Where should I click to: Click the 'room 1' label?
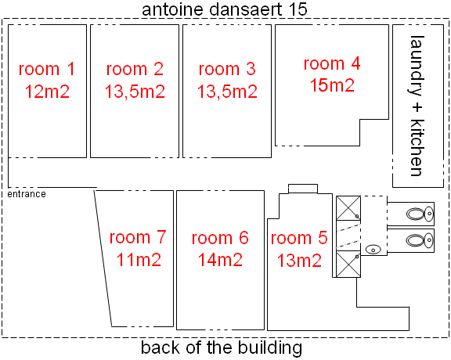click(47, 69)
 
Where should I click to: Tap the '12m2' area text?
click(47, 92)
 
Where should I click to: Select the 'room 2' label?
click(135, 69)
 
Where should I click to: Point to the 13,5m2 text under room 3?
click(227, 92)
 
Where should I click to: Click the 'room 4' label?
click(332, 63)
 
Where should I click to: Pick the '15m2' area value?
click(332, 85)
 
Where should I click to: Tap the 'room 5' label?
click(299, 238)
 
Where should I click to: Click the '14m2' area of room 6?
click(220, 260)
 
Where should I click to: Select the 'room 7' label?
click(138, 237)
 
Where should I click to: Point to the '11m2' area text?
click(139, 259)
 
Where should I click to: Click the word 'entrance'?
click(27, 194)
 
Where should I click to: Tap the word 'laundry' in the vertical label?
click(417, 66)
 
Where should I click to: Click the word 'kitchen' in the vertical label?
click(417, 147)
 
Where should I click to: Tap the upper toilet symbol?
click(420, 214)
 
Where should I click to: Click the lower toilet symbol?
click(420, 240)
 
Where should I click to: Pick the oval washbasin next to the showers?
click(373, 250)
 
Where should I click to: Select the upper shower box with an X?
click(348, 208)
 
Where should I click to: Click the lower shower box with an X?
click(348, 264)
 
